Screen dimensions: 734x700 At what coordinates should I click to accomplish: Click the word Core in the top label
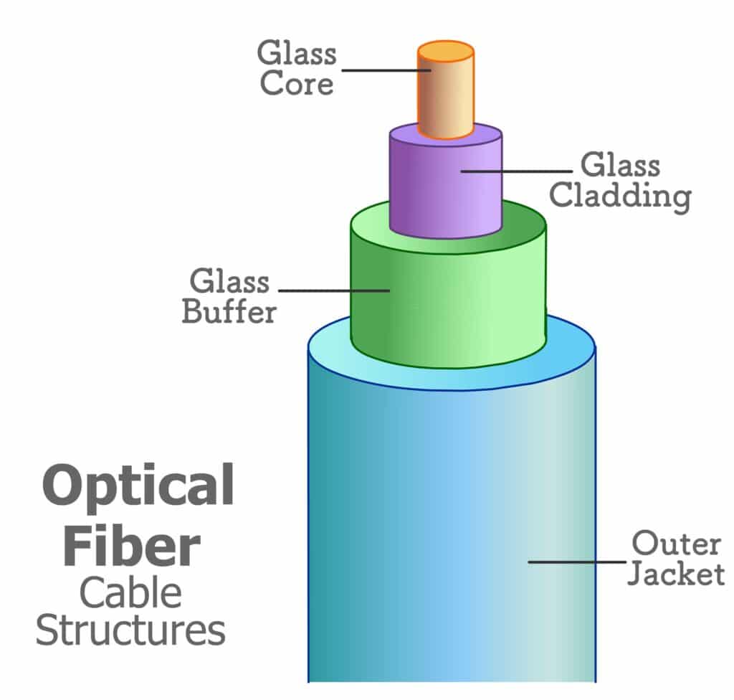[297, 83]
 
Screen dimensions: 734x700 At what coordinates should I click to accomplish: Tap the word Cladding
[620, 196]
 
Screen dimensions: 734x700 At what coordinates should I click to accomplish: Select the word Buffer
[229, 311]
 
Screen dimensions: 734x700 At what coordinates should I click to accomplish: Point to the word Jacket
[676, 574]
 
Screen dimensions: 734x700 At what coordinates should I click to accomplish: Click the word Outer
[676, 544]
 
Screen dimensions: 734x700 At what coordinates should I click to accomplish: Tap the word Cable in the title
[130, 593]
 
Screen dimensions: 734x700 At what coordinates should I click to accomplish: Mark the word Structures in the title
[130, 630]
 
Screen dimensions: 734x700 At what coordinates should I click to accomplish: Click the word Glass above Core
[297, 52]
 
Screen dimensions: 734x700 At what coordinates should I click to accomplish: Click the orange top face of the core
[446, 51]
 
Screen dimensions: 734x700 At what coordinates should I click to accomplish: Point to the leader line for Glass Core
[386, 70]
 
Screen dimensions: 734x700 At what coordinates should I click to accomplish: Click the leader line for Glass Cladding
[516, 171]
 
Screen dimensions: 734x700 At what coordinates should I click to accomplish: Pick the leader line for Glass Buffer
[334, 290]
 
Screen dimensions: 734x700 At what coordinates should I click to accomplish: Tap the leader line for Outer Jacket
[577, 562]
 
